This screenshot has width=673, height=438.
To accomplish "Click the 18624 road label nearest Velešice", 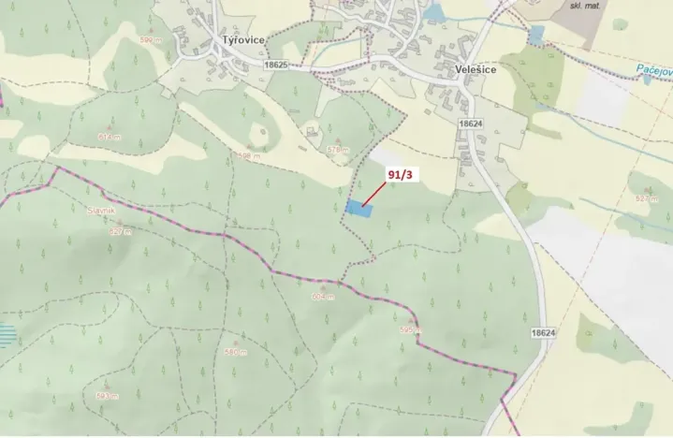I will click(471, 123).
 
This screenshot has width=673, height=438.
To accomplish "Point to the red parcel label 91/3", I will click(400, 173).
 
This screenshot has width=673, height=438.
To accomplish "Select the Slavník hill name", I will click(100, 212).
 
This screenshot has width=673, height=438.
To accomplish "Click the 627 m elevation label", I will click(118, 230).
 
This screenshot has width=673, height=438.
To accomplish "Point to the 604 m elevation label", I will click(321, 297).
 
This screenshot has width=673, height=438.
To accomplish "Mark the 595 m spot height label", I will click(410, 330).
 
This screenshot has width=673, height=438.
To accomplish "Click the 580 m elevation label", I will click(236, 353).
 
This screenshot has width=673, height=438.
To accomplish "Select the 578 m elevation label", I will click(337, 150).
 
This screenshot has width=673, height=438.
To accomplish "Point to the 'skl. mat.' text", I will click(588, 6).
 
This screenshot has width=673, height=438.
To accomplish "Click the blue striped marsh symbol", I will click(7, 334).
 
